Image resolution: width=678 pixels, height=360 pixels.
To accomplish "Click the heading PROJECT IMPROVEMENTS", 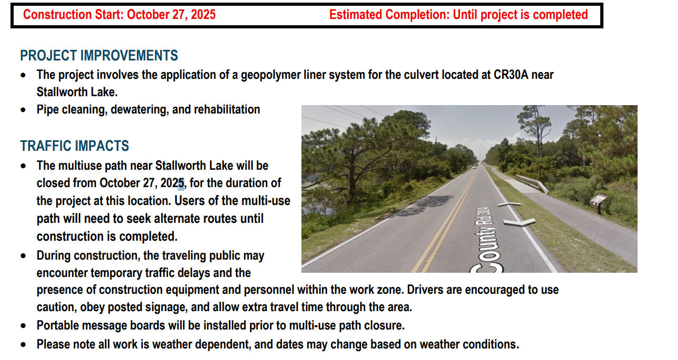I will [99, 56].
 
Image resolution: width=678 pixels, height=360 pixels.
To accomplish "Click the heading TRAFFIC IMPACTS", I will [75, 146].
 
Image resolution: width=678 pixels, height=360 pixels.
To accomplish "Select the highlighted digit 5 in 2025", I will [181, 183].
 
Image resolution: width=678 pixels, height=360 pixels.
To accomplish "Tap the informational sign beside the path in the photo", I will [599, 200].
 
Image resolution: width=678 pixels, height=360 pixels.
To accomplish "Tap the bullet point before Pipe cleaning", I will [23, 110].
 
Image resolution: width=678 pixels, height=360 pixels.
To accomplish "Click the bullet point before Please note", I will [23, 345].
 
